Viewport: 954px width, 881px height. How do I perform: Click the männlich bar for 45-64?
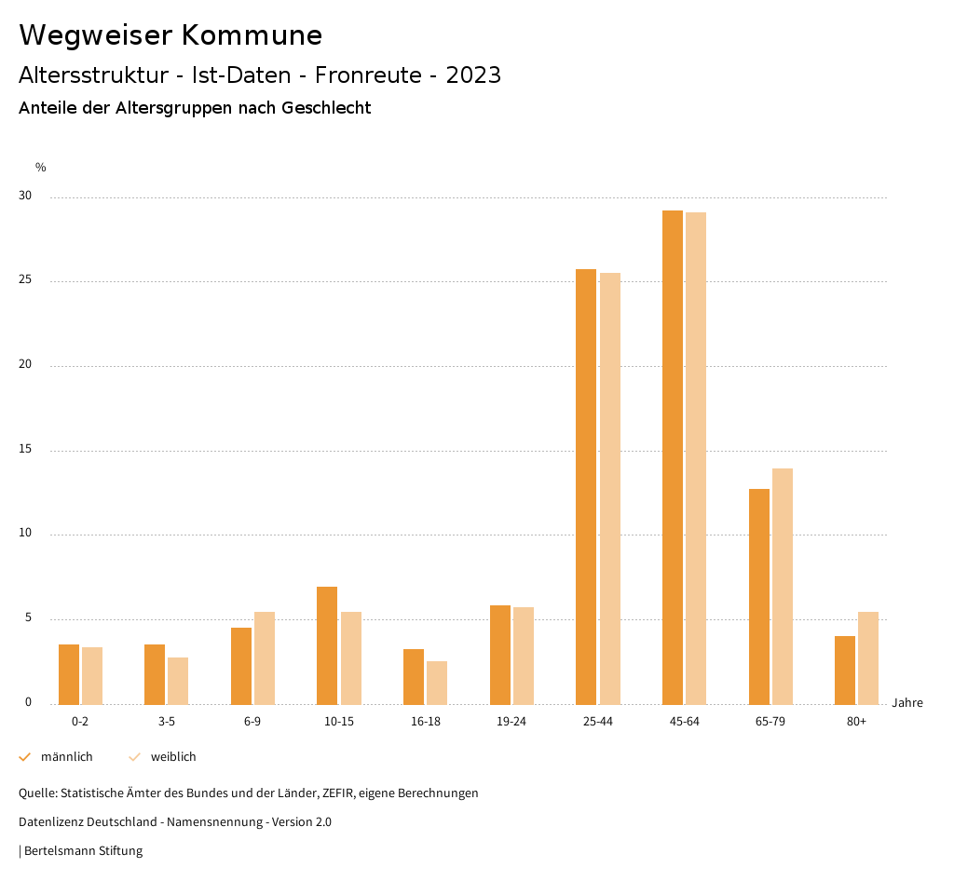(x=673, y=457)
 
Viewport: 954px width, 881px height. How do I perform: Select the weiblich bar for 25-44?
(x=610, y=488)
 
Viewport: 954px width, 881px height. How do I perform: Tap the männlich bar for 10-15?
(x=327, y=645)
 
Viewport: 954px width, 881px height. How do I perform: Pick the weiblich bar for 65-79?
(x=783, y=586)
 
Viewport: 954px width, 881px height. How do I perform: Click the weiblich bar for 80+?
(x=868, y=657)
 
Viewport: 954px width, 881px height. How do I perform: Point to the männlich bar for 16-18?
(x=414, y=676)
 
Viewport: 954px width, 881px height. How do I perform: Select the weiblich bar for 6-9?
(x=265, y=657)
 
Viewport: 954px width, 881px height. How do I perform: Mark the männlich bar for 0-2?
(x=69, y=674)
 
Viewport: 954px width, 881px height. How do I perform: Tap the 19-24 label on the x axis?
(x=511, y=722)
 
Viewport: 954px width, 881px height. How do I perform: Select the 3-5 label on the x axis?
(x=167, y=722)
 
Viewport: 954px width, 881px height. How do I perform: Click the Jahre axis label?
(x=907, y=703)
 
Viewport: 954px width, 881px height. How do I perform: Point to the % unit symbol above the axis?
(x=41, y=168)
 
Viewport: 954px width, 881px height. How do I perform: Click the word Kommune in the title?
(x=252, y=35)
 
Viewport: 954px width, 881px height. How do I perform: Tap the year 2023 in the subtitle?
(x=473, y=75)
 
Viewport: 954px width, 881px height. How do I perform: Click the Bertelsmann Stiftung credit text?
(x=83, y=850)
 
